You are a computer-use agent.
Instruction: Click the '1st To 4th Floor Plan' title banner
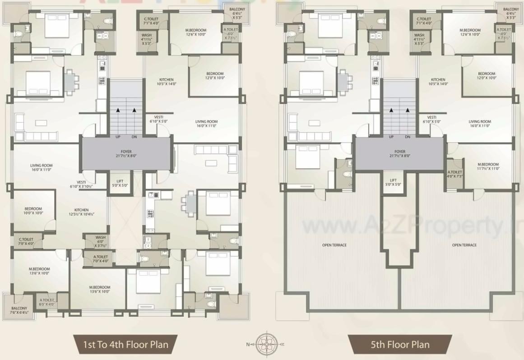tap(125, 345)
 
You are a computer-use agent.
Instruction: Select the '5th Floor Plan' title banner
tap(400, 345)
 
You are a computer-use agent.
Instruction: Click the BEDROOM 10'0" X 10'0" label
tap(33, 211)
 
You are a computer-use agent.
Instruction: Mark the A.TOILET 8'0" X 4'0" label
tap(46, 302)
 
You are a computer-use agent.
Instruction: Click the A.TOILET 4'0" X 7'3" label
tap(454, 174)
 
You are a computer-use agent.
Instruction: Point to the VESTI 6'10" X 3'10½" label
tap(81, 184)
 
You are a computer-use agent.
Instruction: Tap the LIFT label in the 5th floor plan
tap(393, 182)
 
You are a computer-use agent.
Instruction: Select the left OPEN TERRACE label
tap(334, 245)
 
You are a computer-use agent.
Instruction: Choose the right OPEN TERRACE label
tap(464, 245)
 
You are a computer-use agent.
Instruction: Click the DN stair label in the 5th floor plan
tap(408, 137)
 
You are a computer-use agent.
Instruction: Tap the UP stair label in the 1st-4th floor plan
tap(118, 137)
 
